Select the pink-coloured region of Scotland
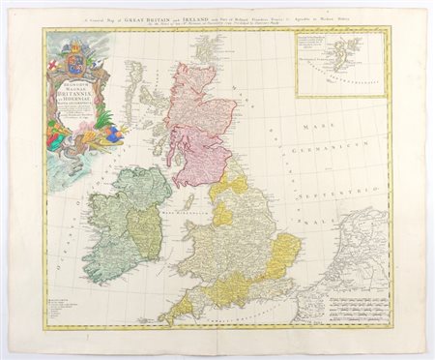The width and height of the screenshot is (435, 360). click(198, 126)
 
